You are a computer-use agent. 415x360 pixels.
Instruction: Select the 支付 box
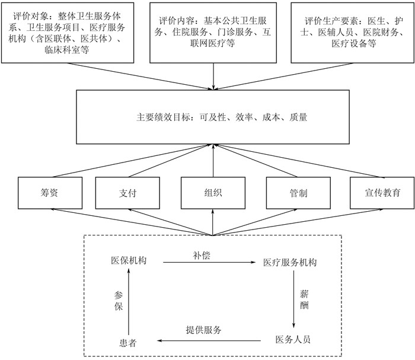(127, 193)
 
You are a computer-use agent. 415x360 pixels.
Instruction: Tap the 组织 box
(212, 193)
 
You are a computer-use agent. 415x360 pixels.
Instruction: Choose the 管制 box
(298, 193)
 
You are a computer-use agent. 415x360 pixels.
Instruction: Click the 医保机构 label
(129, 262)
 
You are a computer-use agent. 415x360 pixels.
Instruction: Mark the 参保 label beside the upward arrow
(119, 301)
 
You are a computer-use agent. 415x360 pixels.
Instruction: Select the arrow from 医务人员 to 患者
(210, 340)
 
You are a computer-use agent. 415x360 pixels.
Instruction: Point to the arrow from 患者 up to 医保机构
(129, 301)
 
